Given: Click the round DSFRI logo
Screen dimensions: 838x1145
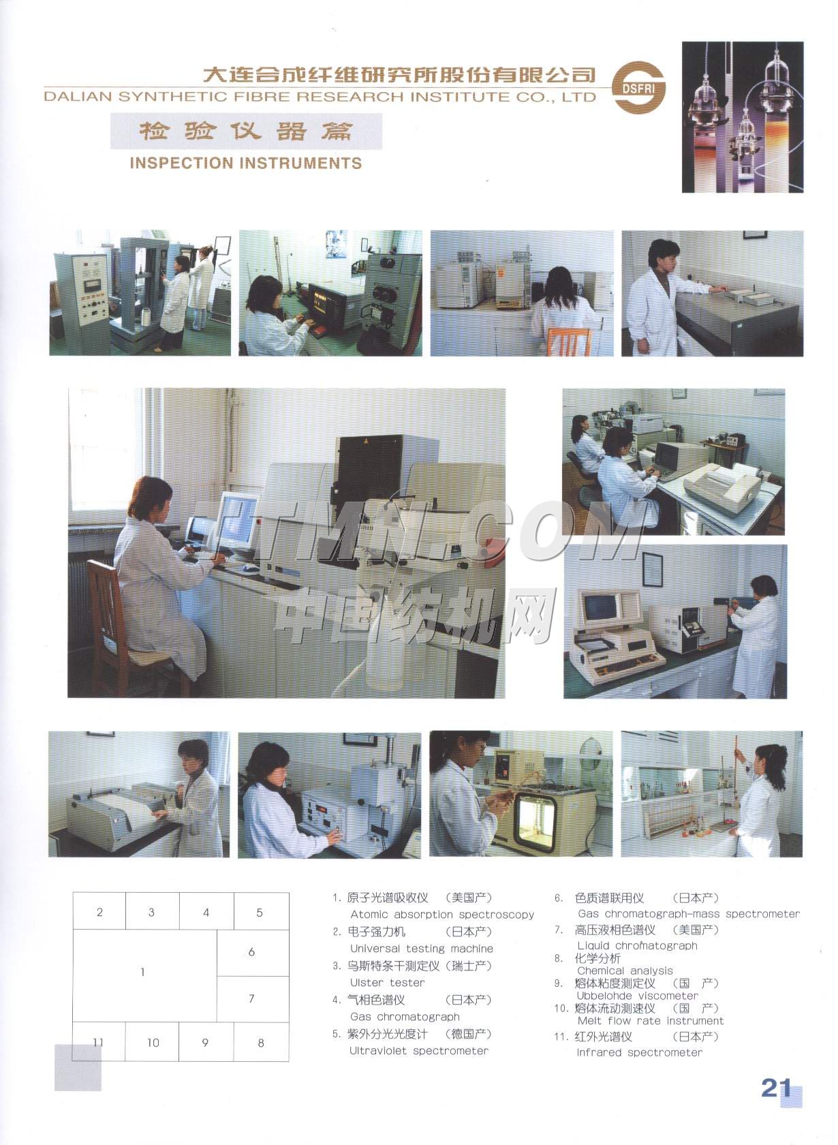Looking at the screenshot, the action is click(x=639, y=87).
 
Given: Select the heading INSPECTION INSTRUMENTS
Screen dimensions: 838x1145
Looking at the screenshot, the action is click(x=246, y=163).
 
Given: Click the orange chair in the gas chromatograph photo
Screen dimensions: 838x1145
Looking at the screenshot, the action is click(x=569, y=341).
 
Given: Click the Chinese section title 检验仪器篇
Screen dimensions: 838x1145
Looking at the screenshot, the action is click(x=246, y=132).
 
